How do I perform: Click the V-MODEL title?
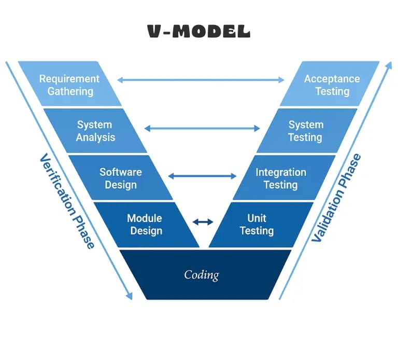(199, 32)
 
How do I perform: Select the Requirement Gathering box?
(69, 85)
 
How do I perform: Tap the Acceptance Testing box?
(332, 85)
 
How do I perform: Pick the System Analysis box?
(95, 131)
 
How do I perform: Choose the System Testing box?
(306, 131)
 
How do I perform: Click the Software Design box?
(120, 178)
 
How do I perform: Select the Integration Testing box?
(281, 178)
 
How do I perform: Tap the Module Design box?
(145, 225)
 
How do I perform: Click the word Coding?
(202, 274)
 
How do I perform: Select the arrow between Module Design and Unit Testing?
(203, 222)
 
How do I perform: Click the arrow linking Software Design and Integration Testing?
(202, 176)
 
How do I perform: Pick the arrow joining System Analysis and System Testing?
(202, 128)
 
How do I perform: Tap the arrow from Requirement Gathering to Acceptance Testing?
(201, 80)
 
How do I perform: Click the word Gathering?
(70, 91)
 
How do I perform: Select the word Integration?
(281, 172)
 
